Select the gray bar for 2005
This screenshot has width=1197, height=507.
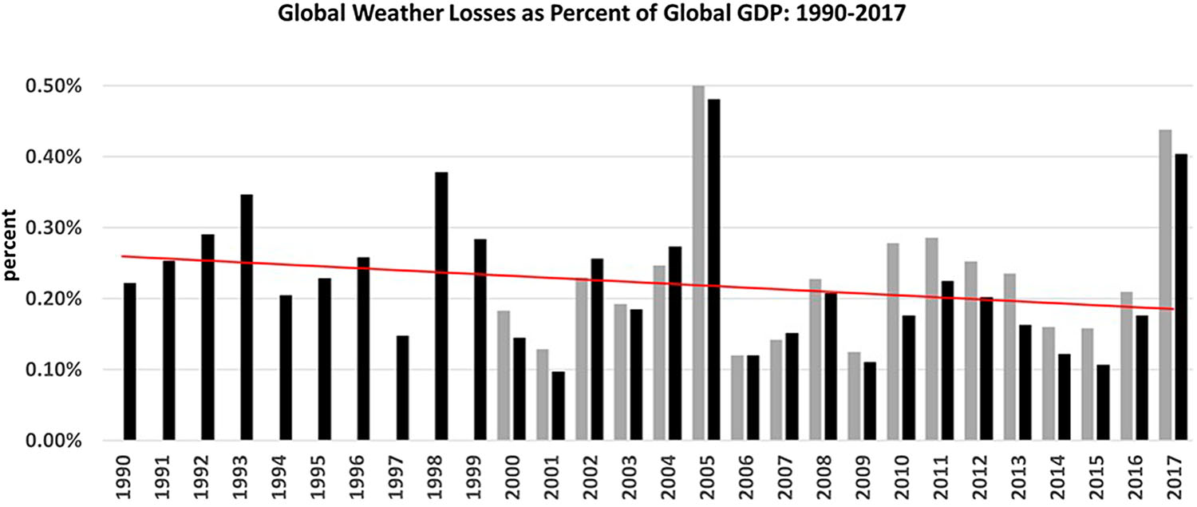click(698, 263)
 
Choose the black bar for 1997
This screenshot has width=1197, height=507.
click(402, 388)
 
